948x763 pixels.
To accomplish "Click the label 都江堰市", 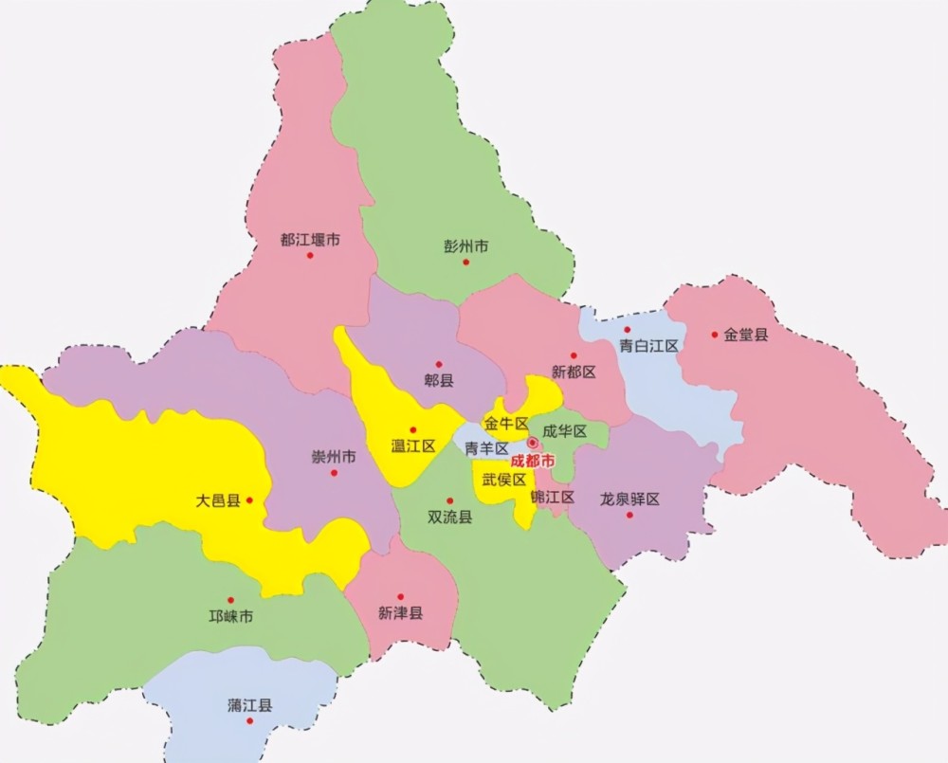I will [x=310, y=240].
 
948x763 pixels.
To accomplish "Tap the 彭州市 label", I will [x=466, y=245].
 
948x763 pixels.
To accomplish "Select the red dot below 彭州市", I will [x=465, y=263].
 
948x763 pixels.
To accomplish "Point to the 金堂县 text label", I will [x=746, y=335].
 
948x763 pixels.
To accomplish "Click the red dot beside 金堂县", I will [x=715, y=334].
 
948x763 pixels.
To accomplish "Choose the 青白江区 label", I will [x=649, y=346].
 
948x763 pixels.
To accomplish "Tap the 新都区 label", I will [x=574, y=372].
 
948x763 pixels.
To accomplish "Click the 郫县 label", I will [x=439, y=380].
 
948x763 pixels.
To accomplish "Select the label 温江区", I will [x=413, y=445].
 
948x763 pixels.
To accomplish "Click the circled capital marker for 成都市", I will [x=533, y=443].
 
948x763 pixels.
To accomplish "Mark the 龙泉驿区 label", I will [x=629, y=499].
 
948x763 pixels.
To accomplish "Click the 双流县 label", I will [x=450, y=517].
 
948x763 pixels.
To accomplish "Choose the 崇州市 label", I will [x=334, y=456].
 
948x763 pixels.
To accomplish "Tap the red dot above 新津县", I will [x=400, y=597].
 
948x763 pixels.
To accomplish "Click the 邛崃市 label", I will [x=231, y=617].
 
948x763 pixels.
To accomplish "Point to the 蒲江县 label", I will [x=250, y=705].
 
